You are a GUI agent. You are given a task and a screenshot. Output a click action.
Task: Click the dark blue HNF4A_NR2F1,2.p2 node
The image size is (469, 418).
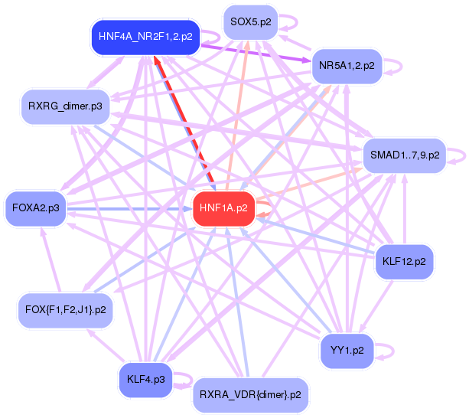pyautogui.click(x=145, y=36)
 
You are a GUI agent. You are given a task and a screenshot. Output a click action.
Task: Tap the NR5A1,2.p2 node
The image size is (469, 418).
pyautogui.click(x=347, y=66)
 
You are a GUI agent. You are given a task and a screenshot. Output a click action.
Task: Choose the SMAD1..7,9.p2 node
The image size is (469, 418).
pyautogui.click(x=405, y=155)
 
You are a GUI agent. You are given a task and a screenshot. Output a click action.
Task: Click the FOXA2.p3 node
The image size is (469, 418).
pyautogui.click(x=36, y=207)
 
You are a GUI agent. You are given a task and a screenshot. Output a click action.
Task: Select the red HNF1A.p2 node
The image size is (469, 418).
pyautogui.click(x=223, y=207)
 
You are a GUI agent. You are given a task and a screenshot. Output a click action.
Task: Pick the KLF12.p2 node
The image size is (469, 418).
pyautogui.click(x=404, y=262)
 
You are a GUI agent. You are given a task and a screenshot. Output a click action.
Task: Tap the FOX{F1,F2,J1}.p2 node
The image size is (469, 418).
pyautogui.click(x=65, y=309)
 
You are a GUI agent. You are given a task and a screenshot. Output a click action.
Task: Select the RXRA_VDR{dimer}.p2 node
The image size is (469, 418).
pyautogui.click(x=250, y=395)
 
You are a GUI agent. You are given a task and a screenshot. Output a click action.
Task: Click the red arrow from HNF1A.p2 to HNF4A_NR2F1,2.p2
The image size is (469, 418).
pyautogui.click(x=184, y=122)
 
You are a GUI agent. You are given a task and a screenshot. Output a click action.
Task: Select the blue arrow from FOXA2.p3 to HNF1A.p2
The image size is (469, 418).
pyautogui.click(x=130, y=207)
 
